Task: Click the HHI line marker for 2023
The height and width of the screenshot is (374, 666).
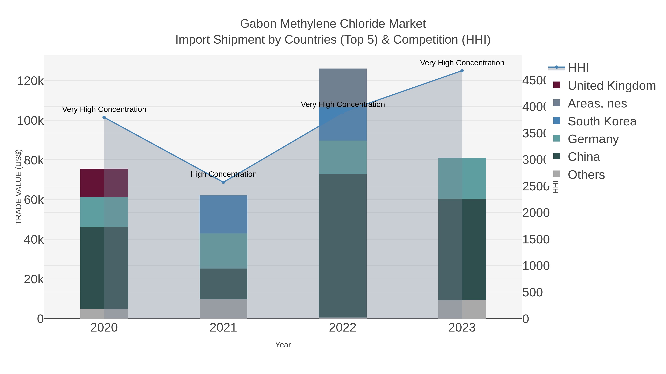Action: (x=462, y=71)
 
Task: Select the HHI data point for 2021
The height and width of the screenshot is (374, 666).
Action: (x=223, y=182)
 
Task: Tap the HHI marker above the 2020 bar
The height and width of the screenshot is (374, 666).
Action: (x=104, y=117)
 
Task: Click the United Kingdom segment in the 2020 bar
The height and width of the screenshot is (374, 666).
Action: (x=104, y=183)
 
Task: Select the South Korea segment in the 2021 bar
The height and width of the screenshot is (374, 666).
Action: (x=223, y=214)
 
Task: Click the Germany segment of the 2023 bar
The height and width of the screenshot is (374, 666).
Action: (x=462, y=178)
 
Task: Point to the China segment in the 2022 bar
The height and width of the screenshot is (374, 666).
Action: (x=343, y=245)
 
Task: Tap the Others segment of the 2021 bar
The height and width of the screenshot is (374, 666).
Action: (x=223, y=309)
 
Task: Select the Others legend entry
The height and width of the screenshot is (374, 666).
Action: (x=586, y=175)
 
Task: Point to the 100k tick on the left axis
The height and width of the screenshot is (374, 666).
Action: (x=30, y=121)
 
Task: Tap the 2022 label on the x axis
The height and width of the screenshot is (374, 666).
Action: (x=343, y=328)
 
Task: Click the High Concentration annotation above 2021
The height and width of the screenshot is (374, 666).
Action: (x=223, y=174)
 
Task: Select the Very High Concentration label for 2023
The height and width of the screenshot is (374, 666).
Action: (x=462, y=63)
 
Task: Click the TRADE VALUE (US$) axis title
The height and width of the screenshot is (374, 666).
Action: (x=19, y=187)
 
